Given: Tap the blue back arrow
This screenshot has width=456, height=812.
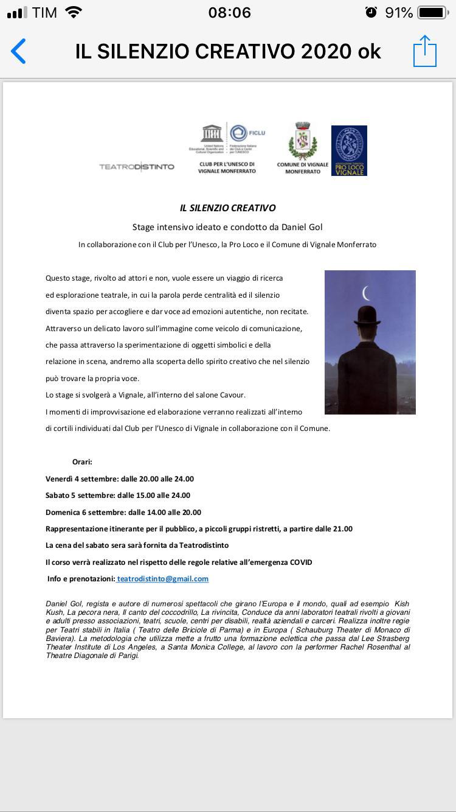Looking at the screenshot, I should click(x=19, y=52).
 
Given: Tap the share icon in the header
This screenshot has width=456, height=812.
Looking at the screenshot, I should click(x=425, y=51).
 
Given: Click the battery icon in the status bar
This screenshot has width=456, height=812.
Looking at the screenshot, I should click(x=432, y=13).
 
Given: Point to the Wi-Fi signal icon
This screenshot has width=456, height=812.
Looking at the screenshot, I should click(x=74, y=12).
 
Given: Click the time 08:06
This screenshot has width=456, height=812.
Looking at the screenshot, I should click(x=229, y=13).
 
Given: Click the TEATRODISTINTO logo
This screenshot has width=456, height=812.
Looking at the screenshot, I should click(x=137, y=167).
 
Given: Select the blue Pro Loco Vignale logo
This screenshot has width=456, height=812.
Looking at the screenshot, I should click(x=349, y=150).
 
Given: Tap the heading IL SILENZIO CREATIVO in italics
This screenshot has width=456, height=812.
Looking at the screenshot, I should click(x=228, y=208).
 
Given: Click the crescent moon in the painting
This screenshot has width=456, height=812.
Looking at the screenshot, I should click(x=367, y=293).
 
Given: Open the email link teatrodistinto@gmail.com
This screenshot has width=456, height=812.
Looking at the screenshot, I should click(x=162, y=579).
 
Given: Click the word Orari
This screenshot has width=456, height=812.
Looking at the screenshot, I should click(x=82, y=462).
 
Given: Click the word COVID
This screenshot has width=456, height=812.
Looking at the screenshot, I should click(x=301, y=562).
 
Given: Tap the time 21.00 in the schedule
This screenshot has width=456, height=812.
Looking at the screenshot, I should click(x=343, y=529).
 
